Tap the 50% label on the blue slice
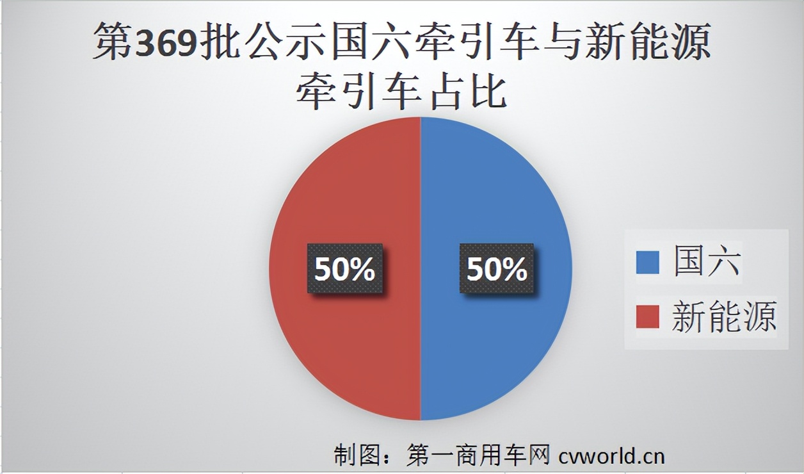click(x=497, y=269)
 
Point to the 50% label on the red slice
click(x=344, y=269)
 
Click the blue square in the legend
click(x=647, y=263)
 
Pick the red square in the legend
click(x=647, y=317)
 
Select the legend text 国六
click(x=707, y=263)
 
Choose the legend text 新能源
click(x=724, y=317)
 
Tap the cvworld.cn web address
click(x=611, y=455)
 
